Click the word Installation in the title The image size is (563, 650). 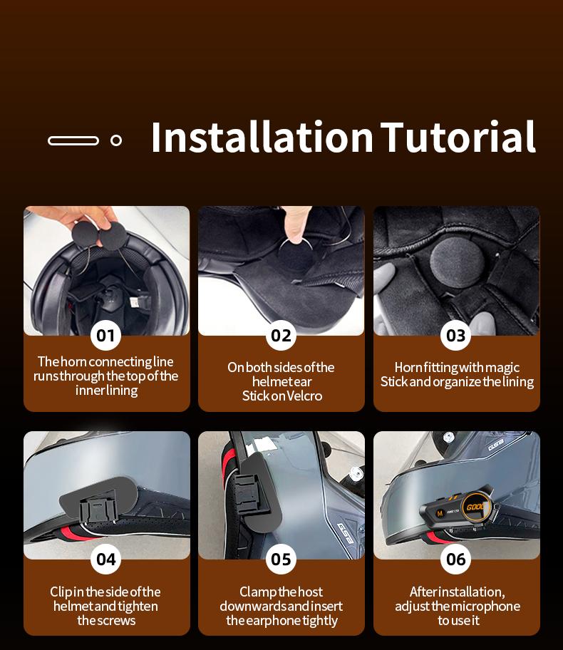(x=262, y=138)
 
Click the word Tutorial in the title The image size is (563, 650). (x=458, y=138)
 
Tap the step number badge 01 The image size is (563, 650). (x=105, y=335)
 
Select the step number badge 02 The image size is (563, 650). (x=281, y=335)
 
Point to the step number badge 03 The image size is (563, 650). (x=456, y=335)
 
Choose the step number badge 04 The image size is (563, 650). (x=105, y=559)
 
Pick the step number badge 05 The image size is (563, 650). (x=281, y=559)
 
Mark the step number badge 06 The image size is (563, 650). (x=456, y=559)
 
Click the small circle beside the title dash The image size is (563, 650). (x=116, y=140)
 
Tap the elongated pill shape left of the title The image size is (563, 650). (x=73, y=140)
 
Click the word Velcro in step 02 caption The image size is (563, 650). (x=304, y=396)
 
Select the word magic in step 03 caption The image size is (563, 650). (x=502, y=368)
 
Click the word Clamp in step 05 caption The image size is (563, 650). (x=258, y=592)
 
